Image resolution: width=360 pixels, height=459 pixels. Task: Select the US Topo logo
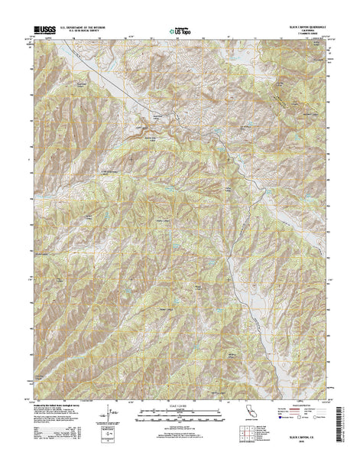pyautogui.click(x=180, y=32)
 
